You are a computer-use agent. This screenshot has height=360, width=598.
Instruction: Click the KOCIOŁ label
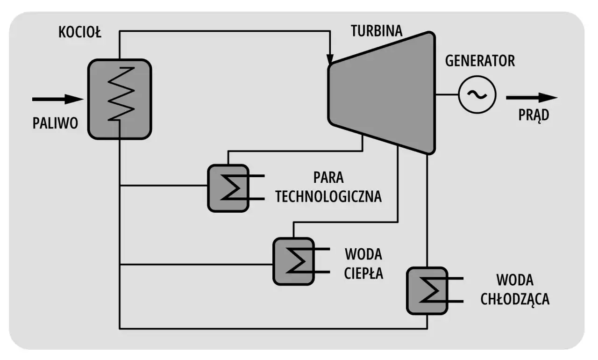[x=80, y=33]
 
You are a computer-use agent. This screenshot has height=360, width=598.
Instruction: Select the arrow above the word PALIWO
[x=57, y=99]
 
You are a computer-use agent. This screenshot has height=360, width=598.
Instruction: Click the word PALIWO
[x=55, y=123]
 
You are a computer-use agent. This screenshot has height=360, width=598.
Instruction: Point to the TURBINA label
[x=377, y=32]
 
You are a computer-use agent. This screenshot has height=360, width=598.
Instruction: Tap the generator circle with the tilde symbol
[x=477, y=94]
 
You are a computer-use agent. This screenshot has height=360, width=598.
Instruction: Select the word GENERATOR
[x=480, y=61]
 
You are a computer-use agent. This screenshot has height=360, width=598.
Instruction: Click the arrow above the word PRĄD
[x=532, y=98]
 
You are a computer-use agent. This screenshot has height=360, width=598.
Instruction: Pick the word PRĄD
[x=534, y=116]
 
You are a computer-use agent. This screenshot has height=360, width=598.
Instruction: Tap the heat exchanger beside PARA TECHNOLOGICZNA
[x=227, y=188]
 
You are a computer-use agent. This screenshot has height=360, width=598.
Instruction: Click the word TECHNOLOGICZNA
[x=328, y=196]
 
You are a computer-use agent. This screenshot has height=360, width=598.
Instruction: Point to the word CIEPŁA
[x=364, y=273]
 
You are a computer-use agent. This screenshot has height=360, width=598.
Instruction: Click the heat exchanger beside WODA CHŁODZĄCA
[x=427, y=290]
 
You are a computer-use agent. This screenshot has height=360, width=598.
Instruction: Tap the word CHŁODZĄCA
[x=515, y=299]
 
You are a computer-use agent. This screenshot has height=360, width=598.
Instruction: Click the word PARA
[x=328, y=178]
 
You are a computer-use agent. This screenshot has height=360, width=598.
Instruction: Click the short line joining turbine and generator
[x=447, y=94]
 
